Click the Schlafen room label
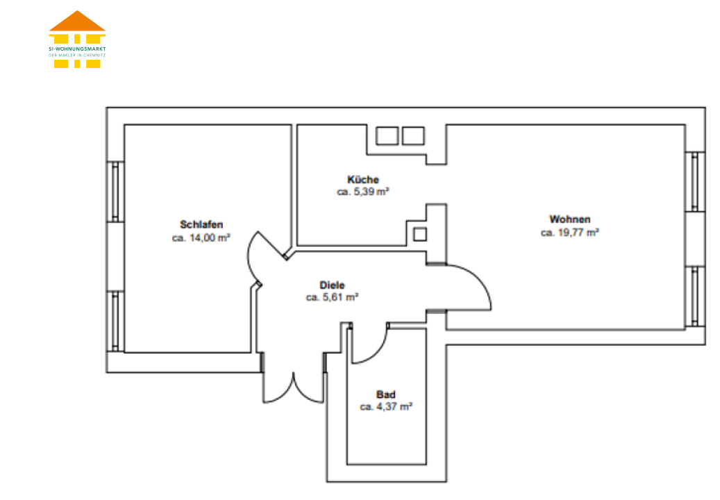tap(201, 224)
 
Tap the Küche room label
tap(362, 180)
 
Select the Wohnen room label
tap(570, 219)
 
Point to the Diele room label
tap(332, 285)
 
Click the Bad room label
tap(386, 394)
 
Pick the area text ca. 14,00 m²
tap(201, 237)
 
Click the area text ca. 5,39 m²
tap(362, 192)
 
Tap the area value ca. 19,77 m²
tap(570, 233)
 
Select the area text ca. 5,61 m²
tap(332, 297)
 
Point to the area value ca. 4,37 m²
tap(386, 407)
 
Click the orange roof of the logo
tap(77, 21)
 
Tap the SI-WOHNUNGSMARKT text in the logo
tap(77, 49)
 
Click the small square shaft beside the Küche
tap(419, 234)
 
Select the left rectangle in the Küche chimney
tap(387, 136)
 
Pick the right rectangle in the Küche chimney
tap(413, 136)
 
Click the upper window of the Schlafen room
tap(115, 192)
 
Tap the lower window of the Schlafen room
tap(115, 322)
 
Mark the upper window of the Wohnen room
tap(695, 182)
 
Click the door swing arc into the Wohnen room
tap(479, 278)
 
